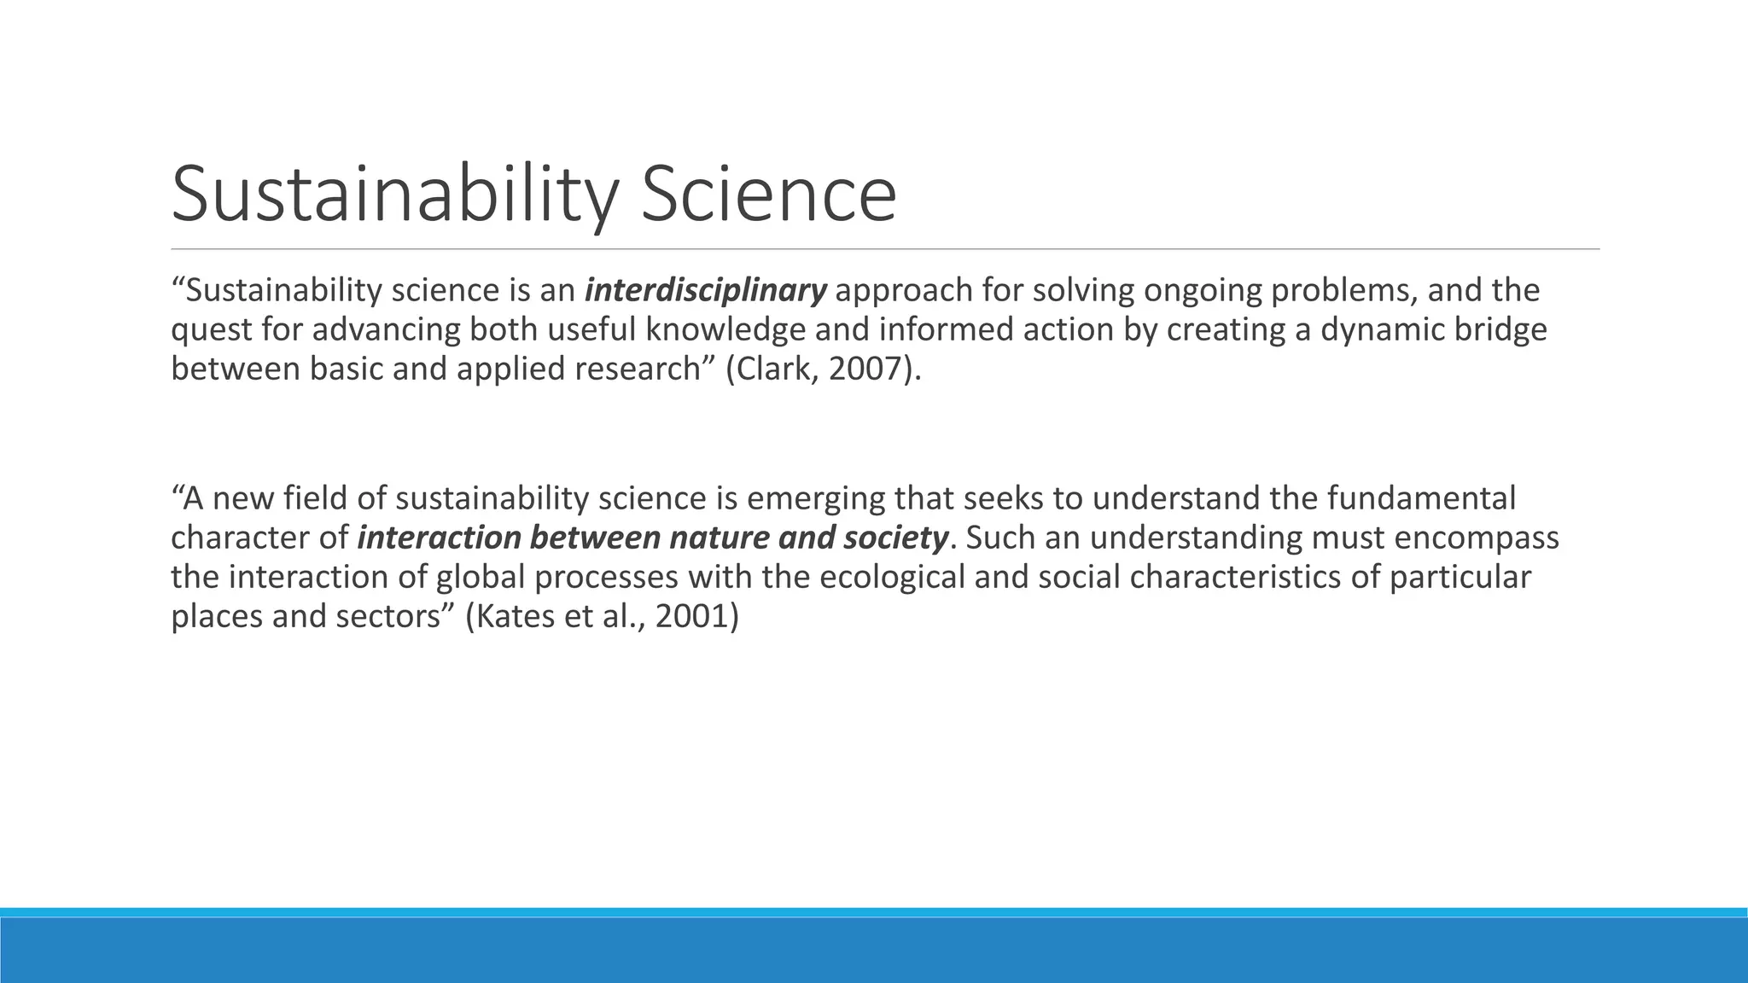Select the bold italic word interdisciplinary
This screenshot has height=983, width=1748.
[x=705, y=291]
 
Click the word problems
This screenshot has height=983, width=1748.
[x=1344, y=291]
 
